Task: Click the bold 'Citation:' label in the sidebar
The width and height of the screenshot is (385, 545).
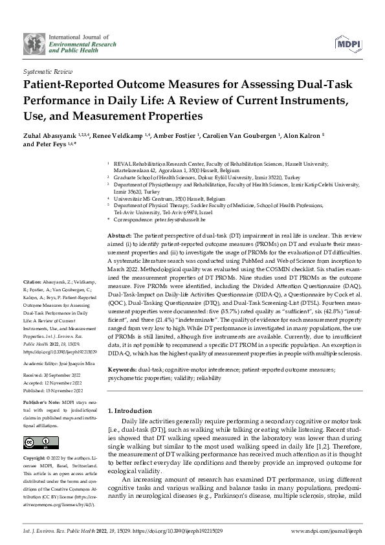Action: click(x=32, y=282)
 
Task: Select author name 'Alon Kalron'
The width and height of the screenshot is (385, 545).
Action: click(x=320, y=133)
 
